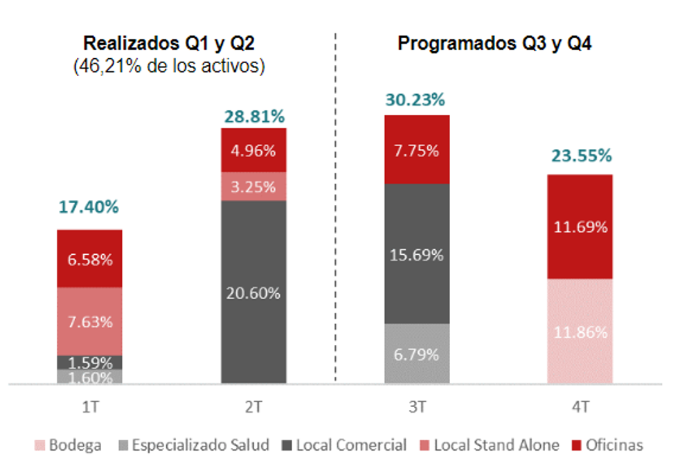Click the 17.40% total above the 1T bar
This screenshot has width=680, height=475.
(x=89, y=207)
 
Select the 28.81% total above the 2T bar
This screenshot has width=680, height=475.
(x=253, y=116)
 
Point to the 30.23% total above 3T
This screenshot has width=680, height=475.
(x=417, y=100)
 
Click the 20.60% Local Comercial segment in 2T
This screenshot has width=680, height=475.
(x=253, y=293)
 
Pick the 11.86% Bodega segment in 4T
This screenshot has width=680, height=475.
(x=580, y=332)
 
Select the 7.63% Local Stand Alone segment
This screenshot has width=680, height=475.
(x=90, y=322)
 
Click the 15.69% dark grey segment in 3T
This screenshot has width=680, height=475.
(x=417, y=255)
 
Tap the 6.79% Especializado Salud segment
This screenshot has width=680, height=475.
(x=417, y=355)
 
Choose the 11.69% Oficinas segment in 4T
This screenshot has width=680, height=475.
(x=580, y=227)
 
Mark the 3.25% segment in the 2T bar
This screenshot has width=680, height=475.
(x=253, y=187)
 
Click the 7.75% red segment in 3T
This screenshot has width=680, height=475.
(x=417, y=150)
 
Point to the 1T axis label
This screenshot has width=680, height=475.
(x=89, y=408)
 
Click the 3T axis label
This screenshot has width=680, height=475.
(x=417, y=408)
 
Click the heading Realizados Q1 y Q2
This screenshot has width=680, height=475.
(x=169, y=44)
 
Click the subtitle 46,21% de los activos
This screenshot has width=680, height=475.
(x=169, y=66)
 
